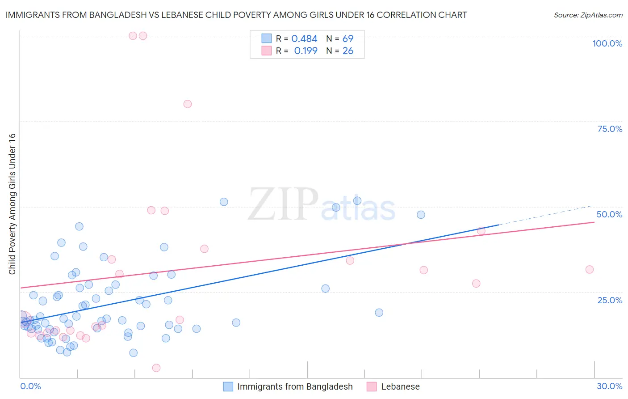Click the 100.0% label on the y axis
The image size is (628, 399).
click(607, 43)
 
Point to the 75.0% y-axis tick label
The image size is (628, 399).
click(610, 129)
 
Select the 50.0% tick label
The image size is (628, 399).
click(609, 214)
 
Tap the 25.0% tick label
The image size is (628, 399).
click(610, 300)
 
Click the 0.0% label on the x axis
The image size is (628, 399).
click(30, 386)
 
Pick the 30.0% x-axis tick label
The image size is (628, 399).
click(609, 386)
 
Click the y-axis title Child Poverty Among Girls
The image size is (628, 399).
click(12, 204)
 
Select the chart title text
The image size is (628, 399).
click(236, 15)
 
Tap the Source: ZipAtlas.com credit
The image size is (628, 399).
click(588, 15)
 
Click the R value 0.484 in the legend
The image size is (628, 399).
click(304, 39)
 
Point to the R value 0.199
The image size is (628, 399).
click(306, 51)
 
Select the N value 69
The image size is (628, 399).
click(347, 39)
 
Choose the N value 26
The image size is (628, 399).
click(347, 51)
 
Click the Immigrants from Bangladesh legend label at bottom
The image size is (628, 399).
click(295, 386)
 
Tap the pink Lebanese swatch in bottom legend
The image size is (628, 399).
click(371, 386)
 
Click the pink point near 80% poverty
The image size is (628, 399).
click(188, 104)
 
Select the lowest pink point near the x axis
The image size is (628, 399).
click(156, 368)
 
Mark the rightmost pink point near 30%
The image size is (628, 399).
click(590, 269)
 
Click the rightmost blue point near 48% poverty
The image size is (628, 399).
click(421, 215)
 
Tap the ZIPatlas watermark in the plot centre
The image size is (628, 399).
click(322, 205)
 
